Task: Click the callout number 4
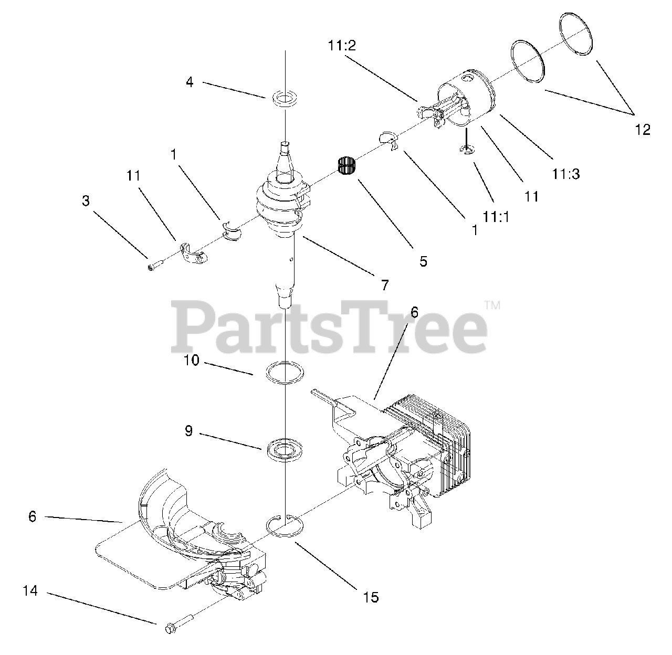(x=190, y=82)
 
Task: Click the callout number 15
(x=371, y=597)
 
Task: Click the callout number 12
(x=642, y=129)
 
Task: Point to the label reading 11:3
(x=565, y=173)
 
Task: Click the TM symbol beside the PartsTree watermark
(x=492, y=304)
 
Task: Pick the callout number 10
(x=192, y=361)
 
